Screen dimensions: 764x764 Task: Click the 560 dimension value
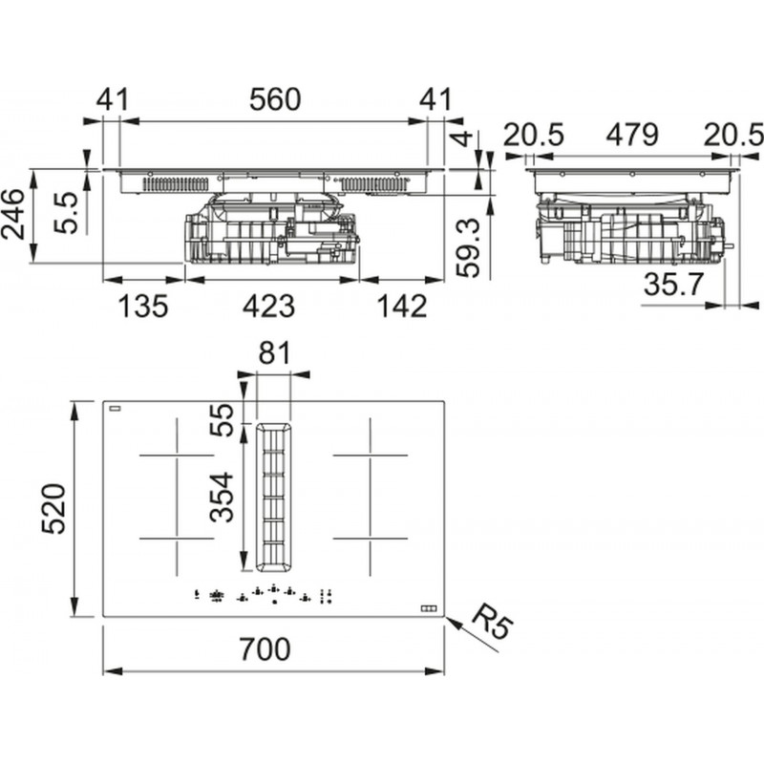275,99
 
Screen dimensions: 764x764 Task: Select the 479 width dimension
631,135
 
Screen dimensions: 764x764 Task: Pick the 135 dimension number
143,307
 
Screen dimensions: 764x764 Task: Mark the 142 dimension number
398,307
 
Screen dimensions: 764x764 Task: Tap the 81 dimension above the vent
274,353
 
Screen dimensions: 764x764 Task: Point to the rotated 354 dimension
223,497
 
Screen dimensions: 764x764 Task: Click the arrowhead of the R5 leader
448,619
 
